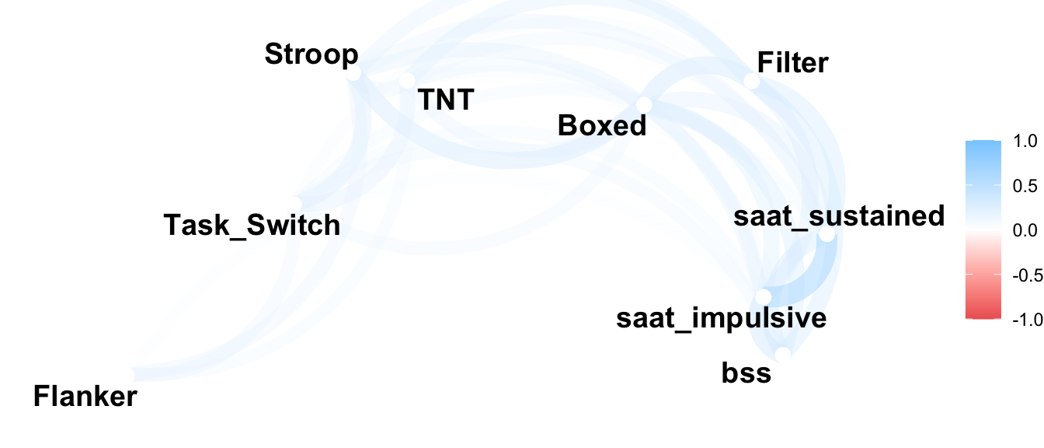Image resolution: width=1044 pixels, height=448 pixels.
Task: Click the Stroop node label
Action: [x=311, y=54]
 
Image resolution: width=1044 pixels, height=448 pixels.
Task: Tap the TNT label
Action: [x=445, y=100]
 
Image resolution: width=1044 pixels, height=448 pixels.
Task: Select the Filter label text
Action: [x=792, y=62]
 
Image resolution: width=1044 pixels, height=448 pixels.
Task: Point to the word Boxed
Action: [x=602, y=125]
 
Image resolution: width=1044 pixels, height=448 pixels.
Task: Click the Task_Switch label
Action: [x=252, y=225]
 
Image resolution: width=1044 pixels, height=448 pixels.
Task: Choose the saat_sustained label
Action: [x=839, y=215]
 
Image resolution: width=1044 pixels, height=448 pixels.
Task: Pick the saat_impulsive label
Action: [x=721, y=318]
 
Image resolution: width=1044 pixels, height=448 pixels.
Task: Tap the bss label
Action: [x=746, y=373]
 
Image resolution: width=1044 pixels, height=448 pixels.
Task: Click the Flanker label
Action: [x=85, y=397]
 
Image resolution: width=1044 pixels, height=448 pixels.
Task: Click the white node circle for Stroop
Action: [x=353, y=74]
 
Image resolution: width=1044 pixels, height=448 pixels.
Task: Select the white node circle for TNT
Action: [x=407, y=80]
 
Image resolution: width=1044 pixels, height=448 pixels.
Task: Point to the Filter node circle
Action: [x=751, y=81]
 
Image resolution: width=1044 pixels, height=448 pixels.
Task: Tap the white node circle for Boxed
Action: [x=644, y=104]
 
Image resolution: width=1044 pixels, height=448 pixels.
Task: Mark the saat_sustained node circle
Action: [x=826, y=234]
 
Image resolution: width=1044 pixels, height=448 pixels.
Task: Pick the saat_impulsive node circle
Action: [x=764, y=296]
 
